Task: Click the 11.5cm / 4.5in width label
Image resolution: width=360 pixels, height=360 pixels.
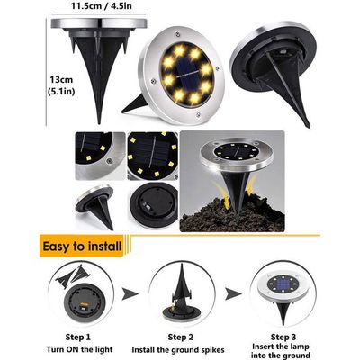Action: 102,6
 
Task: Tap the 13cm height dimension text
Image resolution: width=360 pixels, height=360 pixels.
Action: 61,80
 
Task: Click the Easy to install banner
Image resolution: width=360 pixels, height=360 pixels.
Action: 82,247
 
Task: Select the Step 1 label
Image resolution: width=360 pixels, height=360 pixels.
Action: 77,337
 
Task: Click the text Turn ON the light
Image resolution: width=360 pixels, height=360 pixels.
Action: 79,349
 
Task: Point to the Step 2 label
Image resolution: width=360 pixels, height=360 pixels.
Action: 181,337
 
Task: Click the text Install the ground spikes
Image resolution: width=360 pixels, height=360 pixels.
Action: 178,350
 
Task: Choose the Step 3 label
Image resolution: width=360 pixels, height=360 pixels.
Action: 283,337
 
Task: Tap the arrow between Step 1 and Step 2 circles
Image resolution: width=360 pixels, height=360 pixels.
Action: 130,294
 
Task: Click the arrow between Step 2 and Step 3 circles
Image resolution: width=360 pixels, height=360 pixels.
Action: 233,294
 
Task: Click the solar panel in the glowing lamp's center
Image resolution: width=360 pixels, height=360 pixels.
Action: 188,75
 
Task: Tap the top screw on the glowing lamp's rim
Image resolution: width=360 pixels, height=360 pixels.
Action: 178,34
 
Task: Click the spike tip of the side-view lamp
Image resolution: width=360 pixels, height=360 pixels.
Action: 99,121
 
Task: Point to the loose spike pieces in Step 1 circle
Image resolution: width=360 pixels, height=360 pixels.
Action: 73,275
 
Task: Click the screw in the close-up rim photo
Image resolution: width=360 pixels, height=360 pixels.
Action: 110,161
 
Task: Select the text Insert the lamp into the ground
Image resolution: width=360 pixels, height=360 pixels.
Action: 281,351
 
